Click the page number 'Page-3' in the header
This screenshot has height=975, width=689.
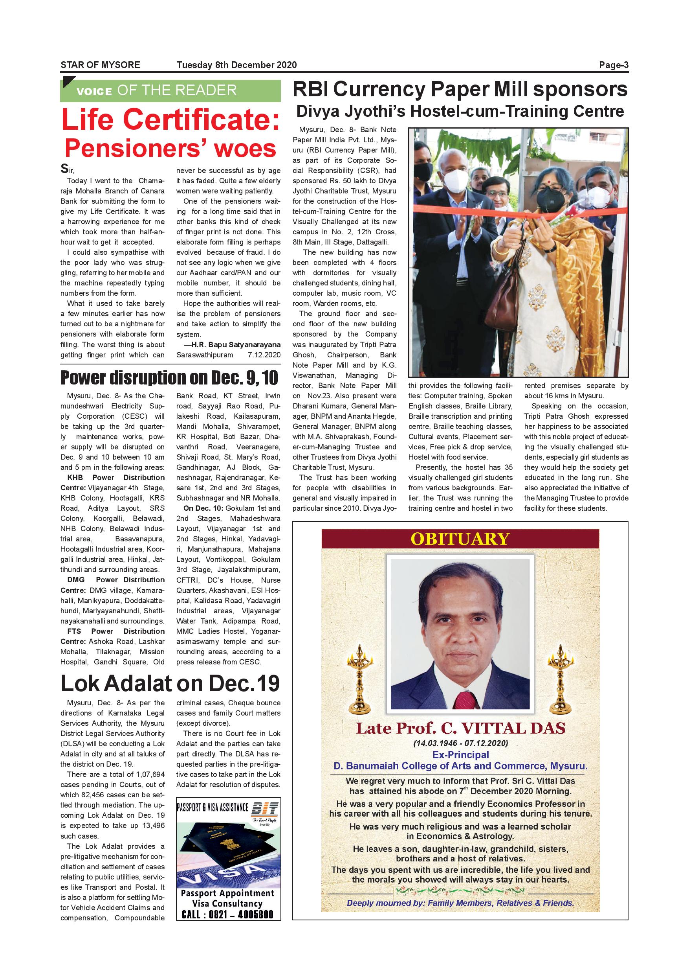coord(613,65)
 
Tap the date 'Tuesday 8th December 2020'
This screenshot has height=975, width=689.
coord(237,65)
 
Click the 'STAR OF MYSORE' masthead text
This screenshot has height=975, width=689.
coord(100,65)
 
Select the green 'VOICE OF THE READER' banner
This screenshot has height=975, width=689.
coord(170,90)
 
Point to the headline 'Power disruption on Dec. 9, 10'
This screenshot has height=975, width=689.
coord(169,377)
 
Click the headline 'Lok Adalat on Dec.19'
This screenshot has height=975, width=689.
coord(170,683)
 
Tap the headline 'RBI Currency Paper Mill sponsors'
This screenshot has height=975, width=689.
coord(460,90)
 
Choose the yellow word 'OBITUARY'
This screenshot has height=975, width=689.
coord(460,539)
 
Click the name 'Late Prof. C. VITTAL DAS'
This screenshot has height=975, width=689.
coord(460,728)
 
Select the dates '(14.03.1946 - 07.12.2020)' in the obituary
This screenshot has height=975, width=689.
coord(460,743)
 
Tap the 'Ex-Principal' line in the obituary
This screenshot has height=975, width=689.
coord(460,754)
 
